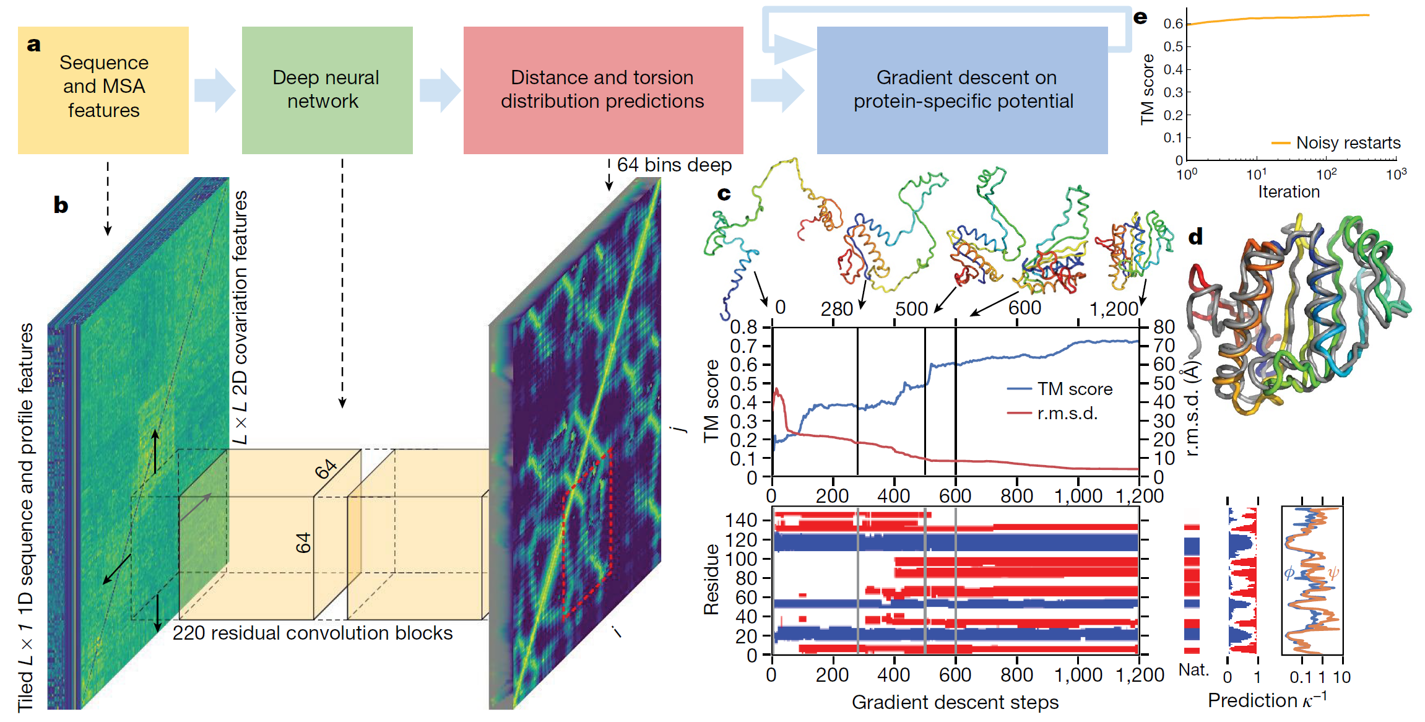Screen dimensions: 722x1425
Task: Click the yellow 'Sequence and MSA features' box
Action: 103,90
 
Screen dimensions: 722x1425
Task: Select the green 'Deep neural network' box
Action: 327,90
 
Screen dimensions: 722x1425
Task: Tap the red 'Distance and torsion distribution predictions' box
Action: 603,90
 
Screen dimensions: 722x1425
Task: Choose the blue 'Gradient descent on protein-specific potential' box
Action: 963,90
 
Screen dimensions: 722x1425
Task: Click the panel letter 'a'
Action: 34,45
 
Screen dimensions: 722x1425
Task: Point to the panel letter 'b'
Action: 61,205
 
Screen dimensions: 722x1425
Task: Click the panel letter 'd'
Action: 1195,236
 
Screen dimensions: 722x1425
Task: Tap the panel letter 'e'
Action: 1140,17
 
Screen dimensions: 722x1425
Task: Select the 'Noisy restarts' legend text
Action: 1348,143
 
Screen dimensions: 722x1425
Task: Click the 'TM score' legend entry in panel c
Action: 1075,389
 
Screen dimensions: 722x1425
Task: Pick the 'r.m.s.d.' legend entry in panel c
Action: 1067,413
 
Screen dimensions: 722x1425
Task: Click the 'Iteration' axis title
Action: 1289,192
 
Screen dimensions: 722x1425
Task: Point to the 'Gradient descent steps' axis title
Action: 955,702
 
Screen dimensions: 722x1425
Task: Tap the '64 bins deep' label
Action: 674,165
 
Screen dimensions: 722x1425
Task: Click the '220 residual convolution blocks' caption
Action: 313,633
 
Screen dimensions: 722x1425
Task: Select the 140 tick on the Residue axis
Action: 741,520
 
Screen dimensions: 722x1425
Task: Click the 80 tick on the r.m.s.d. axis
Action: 1164,326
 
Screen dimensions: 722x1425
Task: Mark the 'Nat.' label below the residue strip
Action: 1193,670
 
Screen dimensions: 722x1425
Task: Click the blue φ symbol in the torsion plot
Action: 1289,573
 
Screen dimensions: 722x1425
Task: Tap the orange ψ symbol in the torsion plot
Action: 1333,573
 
